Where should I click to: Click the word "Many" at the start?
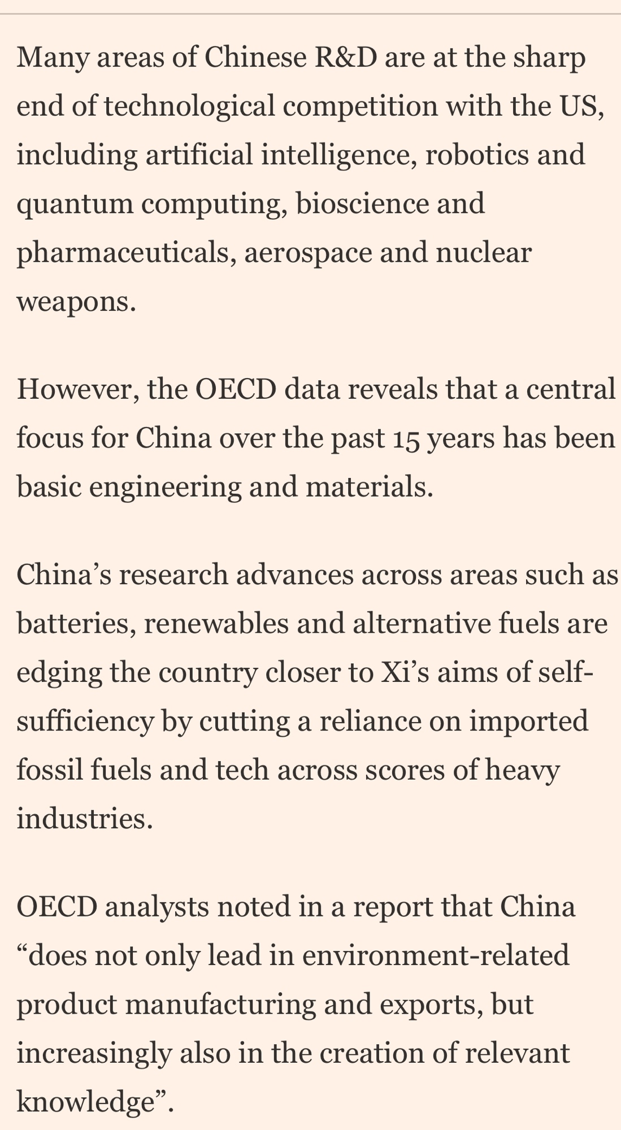(52, 58)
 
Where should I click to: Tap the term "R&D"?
(343, 58)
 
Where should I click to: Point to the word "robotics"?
(477, 155)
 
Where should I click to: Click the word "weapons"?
(76, 302)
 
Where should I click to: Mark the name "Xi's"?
(422, 672)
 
